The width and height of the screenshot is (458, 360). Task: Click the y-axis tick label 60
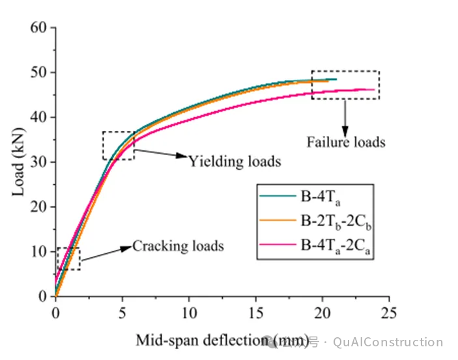point(40,28)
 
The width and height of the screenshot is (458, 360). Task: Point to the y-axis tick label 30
point(40,162)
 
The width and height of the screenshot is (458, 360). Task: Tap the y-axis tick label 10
point(40,252)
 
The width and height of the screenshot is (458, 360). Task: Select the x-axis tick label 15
point(255,312)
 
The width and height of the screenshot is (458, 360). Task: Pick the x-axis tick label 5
point(122,312)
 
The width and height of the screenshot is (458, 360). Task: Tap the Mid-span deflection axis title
point(222,340)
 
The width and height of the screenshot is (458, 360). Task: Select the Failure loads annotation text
point(347,142)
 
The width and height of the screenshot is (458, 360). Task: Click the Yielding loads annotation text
point(235,160)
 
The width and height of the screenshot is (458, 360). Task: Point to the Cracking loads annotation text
point(178,246)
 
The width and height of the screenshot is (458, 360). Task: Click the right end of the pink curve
point(375,89)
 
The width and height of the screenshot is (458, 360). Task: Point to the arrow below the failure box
point(345,115)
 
